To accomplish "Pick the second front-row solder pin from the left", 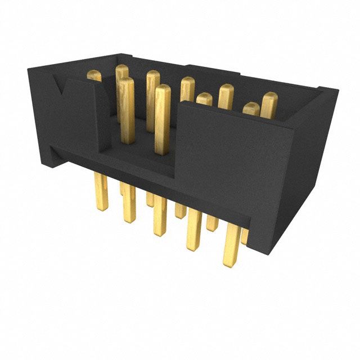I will point(129,202).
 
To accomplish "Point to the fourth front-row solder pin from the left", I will point(194,231).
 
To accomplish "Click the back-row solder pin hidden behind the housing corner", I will point(245,236).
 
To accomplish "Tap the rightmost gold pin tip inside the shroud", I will point(269,105).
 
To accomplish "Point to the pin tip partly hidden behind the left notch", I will point(94,76).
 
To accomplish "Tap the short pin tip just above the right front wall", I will point(205,99).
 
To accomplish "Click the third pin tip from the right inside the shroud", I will point(226,96).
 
